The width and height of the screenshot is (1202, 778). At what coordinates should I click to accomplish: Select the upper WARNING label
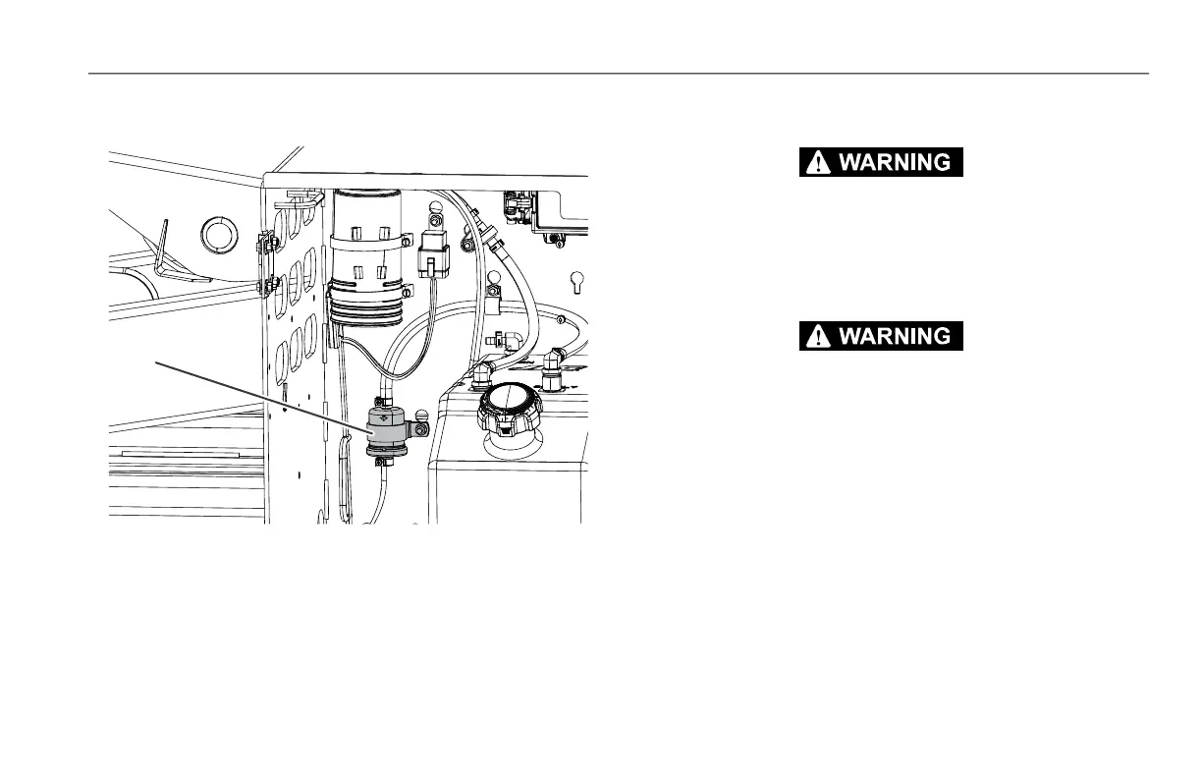[881, 163]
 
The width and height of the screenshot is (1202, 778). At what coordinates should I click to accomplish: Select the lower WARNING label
[881, 336]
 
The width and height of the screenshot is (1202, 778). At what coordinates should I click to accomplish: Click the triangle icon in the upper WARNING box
[815, 163]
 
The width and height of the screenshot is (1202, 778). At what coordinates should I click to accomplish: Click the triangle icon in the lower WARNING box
[815, 336]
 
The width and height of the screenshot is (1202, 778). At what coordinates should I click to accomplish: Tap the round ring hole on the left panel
[219, 235]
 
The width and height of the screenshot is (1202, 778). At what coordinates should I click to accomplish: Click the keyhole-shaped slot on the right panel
[577, 280]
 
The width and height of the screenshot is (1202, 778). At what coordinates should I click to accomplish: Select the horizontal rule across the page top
[619, 74]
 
